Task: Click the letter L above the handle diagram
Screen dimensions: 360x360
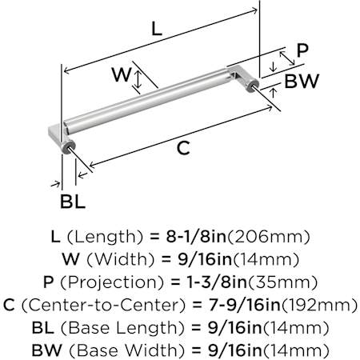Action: click(x=157, y=29)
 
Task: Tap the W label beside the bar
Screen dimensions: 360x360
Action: click(x=122, y=74)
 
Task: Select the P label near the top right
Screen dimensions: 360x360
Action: click(x=302, y=50)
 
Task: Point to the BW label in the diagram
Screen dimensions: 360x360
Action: click(x=302, y=81)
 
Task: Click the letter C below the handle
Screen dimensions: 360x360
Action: click(x=183, y=148)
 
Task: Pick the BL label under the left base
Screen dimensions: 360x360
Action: click(x=73, y=202)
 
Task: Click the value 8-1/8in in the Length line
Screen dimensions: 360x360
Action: click(x=196, y=237)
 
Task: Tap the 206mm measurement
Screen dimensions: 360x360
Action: click(x=268, y=237)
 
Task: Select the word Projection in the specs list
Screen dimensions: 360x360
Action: click(x=112, y=282)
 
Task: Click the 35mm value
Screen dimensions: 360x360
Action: click(x=283, y=282)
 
